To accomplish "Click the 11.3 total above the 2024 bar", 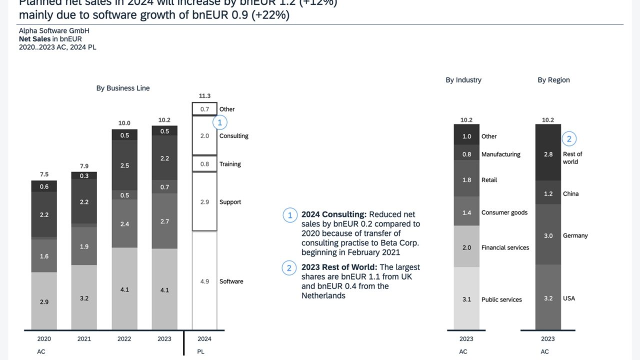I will pyautogui.click(x=204, y=95).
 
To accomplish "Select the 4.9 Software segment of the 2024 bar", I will pyautogui.click(x=204, y=281).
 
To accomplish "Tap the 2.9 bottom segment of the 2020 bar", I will pyautogui.click(x=44, y=302).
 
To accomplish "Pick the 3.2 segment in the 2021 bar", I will pyautogui.click(x=84, y=298).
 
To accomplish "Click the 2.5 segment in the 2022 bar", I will pyautogui.click(x=124, y=165).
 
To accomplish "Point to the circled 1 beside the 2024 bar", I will pyautogui.click(x=219, y=122).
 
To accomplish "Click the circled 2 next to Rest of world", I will pyautogui.click(x=569, y=138).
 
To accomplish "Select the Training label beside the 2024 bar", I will pyautogui.click(x=230, y=164).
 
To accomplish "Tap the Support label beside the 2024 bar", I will pyautogui.click(x=230, y=202).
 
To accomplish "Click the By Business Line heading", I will pyautogui.click(x=123, y=88).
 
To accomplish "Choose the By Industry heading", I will pyautogui.click(x=463, y=80).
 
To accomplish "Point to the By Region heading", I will pyautogui.click(x=553, y=80).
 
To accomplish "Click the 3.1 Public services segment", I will pyautogui.click(x=466, y=299).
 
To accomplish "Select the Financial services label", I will pyautogui.click(x=505, y=247).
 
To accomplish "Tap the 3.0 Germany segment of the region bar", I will pyautogui.click(x=548, y=235).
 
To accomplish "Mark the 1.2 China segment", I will pyautogui.click(x=548, y=193).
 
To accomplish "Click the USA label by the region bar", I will pyautogui.click(x=569, y=298).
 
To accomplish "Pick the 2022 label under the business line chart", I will pyautogui.click(x=124, y=338).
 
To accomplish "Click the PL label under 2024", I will pyautogui.click(x=200, y=351).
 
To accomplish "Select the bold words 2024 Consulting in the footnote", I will pyautogui.click(x=334, y=214).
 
